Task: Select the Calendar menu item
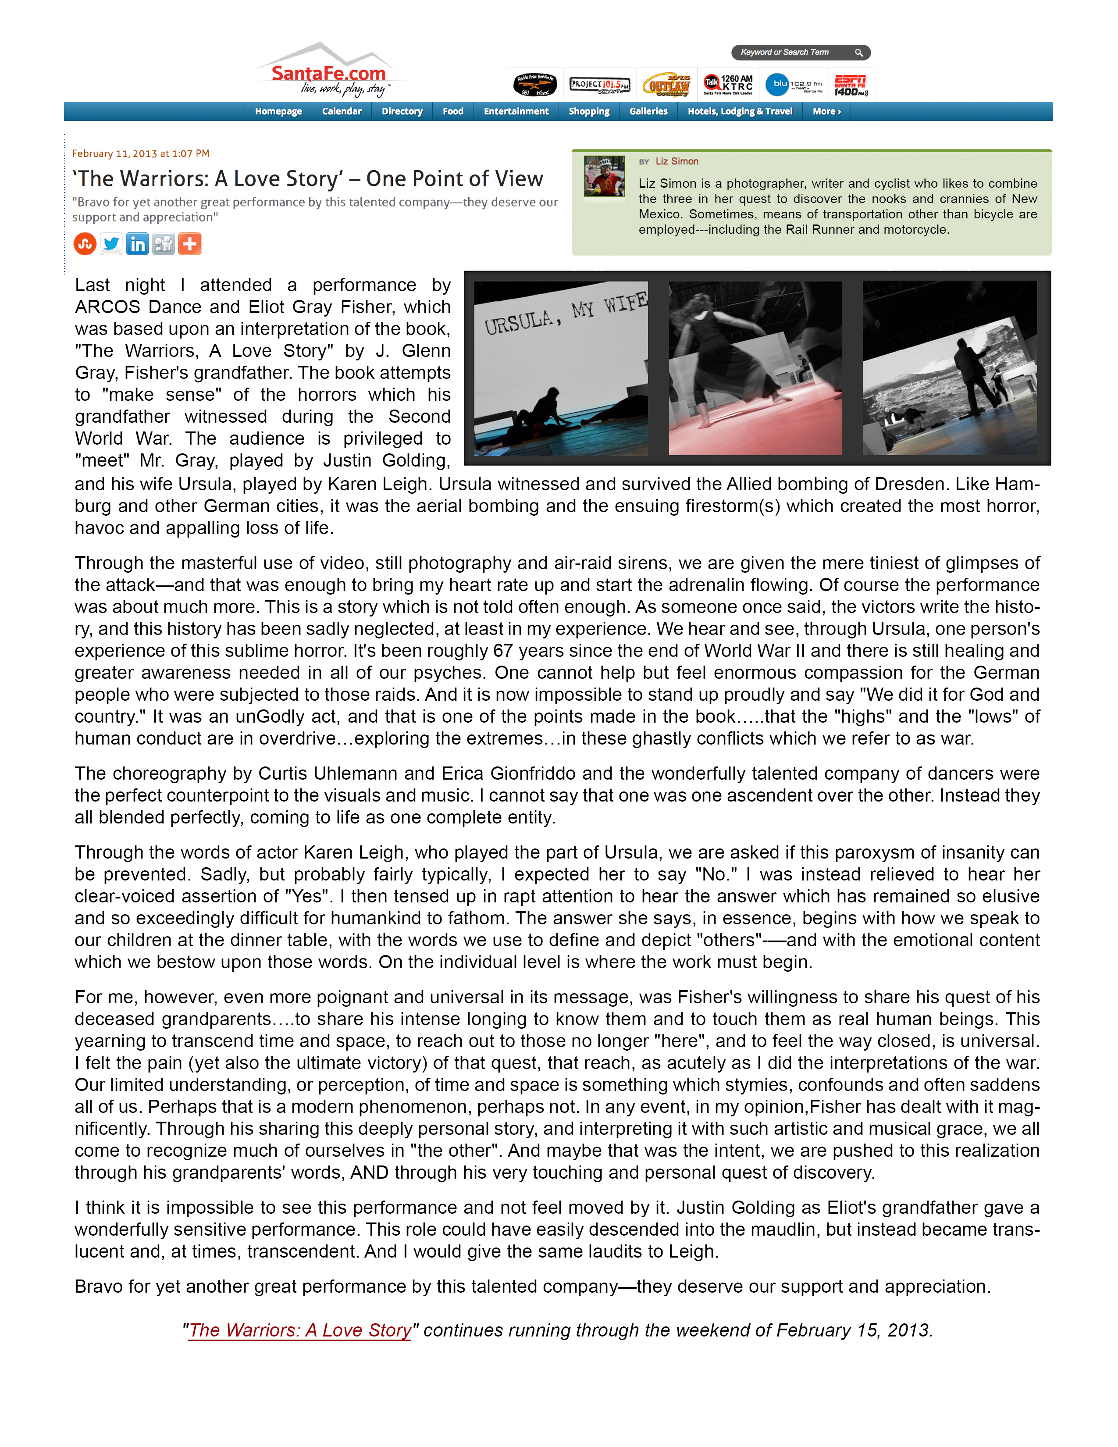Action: (x=342, y=111)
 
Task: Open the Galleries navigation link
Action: (x=648, y=111)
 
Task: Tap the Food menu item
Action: (x=453, y=111)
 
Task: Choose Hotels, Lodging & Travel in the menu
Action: (x=740, y=111)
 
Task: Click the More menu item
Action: (x=826, y=111)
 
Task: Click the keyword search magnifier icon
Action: (x=858, y=52)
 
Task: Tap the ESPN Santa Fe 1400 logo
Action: (x=851, y=85)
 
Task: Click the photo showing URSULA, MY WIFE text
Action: (x=561, y=368)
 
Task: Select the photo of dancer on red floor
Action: (x=755, y=368)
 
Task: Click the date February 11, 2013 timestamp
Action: (x=140, y=154)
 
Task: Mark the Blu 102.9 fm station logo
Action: (x=794, y=85)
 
